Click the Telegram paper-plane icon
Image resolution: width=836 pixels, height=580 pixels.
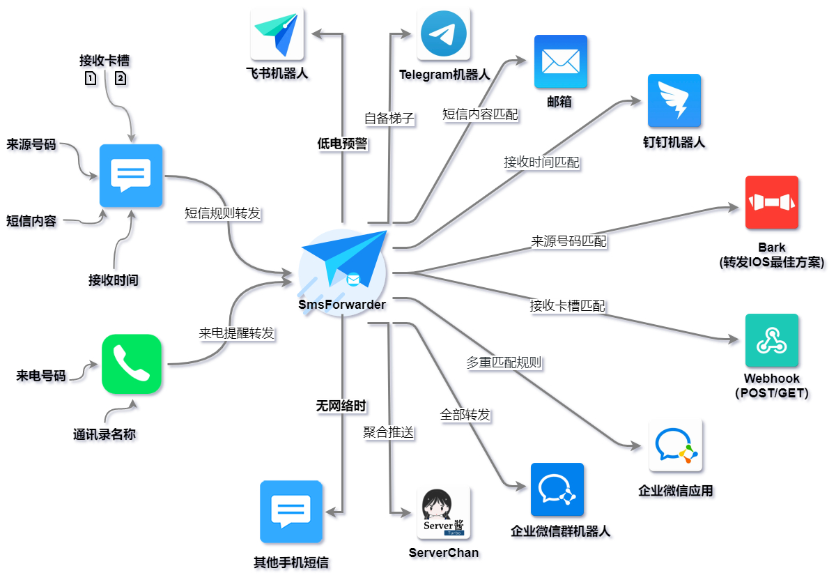[444, 35]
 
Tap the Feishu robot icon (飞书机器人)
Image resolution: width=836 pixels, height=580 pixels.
[277, 34]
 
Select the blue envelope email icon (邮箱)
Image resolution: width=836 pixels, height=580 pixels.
[561, 61]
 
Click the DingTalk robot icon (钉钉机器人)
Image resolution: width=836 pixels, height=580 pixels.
[674, 100]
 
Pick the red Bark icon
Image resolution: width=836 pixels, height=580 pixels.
[771, 202]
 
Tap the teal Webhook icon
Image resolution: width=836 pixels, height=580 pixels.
[771, 340]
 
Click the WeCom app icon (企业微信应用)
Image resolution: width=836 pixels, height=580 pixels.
[675, 445]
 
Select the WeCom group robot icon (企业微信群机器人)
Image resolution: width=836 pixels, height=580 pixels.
[557, 489]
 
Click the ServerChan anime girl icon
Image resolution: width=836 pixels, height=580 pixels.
[444, 512]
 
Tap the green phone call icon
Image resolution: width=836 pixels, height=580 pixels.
[132, 364]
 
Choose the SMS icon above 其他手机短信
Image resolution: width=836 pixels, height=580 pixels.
[291, 512]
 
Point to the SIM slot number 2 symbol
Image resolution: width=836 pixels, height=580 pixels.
[121, 78]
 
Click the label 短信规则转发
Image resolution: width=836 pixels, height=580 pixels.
[222, 213]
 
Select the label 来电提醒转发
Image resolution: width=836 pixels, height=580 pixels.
[236, 333]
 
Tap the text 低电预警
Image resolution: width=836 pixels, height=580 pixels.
[342, 144]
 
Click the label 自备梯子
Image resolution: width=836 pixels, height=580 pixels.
[389, 119]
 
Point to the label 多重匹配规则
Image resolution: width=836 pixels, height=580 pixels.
[504, 362]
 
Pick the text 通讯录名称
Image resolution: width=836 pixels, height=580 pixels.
[104, 434]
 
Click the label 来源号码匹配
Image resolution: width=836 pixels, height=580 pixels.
[568, 241]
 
